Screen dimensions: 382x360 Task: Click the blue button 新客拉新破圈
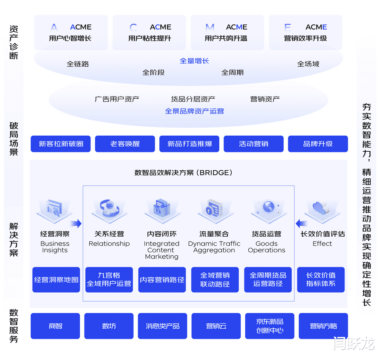point(61,144)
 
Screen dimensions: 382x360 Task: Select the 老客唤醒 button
point(125,144)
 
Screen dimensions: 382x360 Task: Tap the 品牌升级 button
point(318,144)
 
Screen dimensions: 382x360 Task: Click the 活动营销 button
point(254,144)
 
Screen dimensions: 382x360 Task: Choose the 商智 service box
point(55,326)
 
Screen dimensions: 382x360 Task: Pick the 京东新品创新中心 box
point(270,326)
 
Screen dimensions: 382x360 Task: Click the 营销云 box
point(216,326)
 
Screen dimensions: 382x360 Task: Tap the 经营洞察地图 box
point(56,280)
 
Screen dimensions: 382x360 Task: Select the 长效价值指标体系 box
point(321,280)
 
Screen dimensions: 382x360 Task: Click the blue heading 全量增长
point(194,61)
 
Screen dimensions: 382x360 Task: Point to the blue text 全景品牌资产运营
point(194,111)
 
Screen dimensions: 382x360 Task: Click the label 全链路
point(78,64)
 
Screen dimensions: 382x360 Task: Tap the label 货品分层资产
point(193,99)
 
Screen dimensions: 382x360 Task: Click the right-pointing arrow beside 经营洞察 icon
point(76,223)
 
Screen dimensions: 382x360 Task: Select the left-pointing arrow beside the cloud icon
point(301,223)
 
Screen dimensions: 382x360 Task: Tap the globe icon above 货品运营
point(269,207)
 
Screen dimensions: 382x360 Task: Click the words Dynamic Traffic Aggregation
point(214,247)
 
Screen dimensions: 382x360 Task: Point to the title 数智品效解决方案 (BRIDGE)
point(184,173)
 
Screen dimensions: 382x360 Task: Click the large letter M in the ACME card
point(210,27)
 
